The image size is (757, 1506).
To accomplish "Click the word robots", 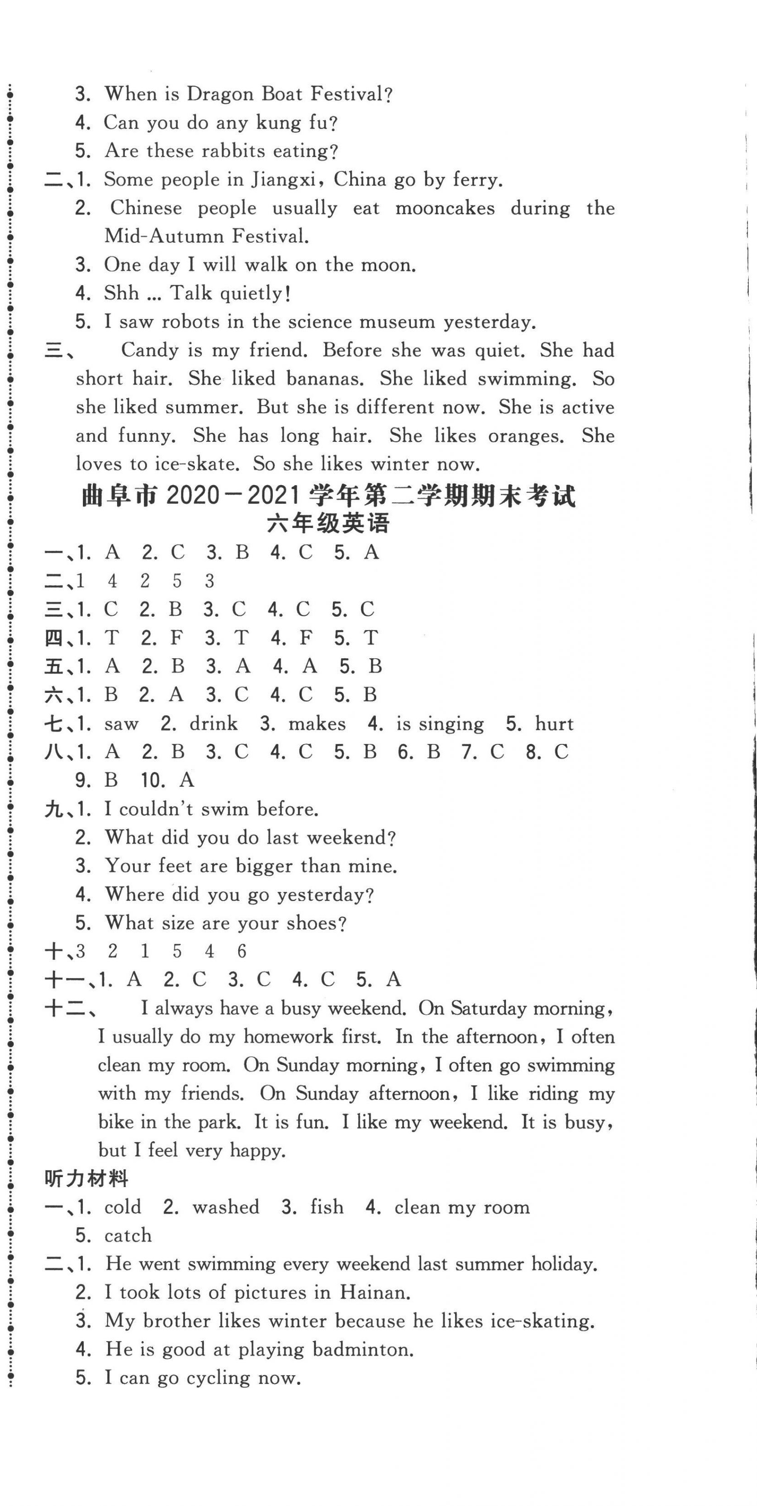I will click(x=190, y=322).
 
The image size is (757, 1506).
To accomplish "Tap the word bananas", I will click(x=324, y=379).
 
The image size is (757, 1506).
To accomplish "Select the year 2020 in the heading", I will click(x=192, y=497).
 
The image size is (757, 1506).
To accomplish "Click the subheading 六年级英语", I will click(x=328, y=524).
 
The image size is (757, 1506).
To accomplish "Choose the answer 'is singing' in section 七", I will click(x=440, y=724).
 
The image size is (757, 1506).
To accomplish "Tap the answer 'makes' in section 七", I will click(x=317, y=724).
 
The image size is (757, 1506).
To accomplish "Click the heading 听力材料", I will click(x=86, y=1179).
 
